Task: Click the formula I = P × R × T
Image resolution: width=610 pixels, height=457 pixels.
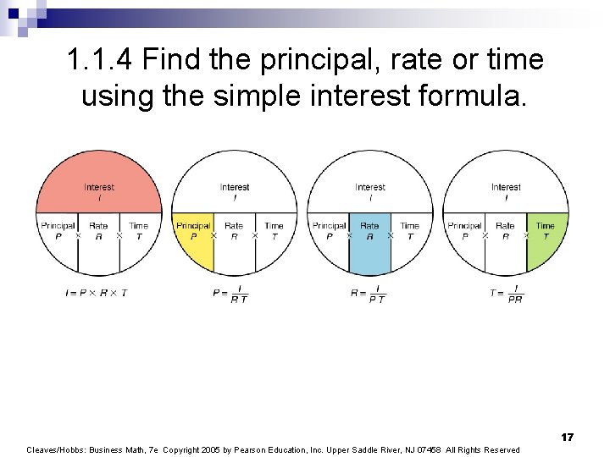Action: [96, 292]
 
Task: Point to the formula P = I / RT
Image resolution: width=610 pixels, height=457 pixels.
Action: [230, 293]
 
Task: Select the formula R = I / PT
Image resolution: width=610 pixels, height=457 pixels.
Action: [368, 293]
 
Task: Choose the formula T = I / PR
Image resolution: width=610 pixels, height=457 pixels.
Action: [506, 293]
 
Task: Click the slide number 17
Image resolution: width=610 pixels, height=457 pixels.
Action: [567, 437]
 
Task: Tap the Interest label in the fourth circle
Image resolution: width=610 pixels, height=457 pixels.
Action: [506, 187]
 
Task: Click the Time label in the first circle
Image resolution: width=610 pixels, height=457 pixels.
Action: [139, 226]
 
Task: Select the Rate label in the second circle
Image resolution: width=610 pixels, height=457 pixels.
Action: [234, 226]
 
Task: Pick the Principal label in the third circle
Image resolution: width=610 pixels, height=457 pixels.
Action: [329, 226]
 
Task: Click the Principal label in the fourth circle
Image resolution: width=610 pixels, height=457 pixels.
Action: [464, 226]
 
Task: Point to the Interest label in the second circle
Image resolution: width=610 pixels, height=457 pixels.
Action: [235, 187]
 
